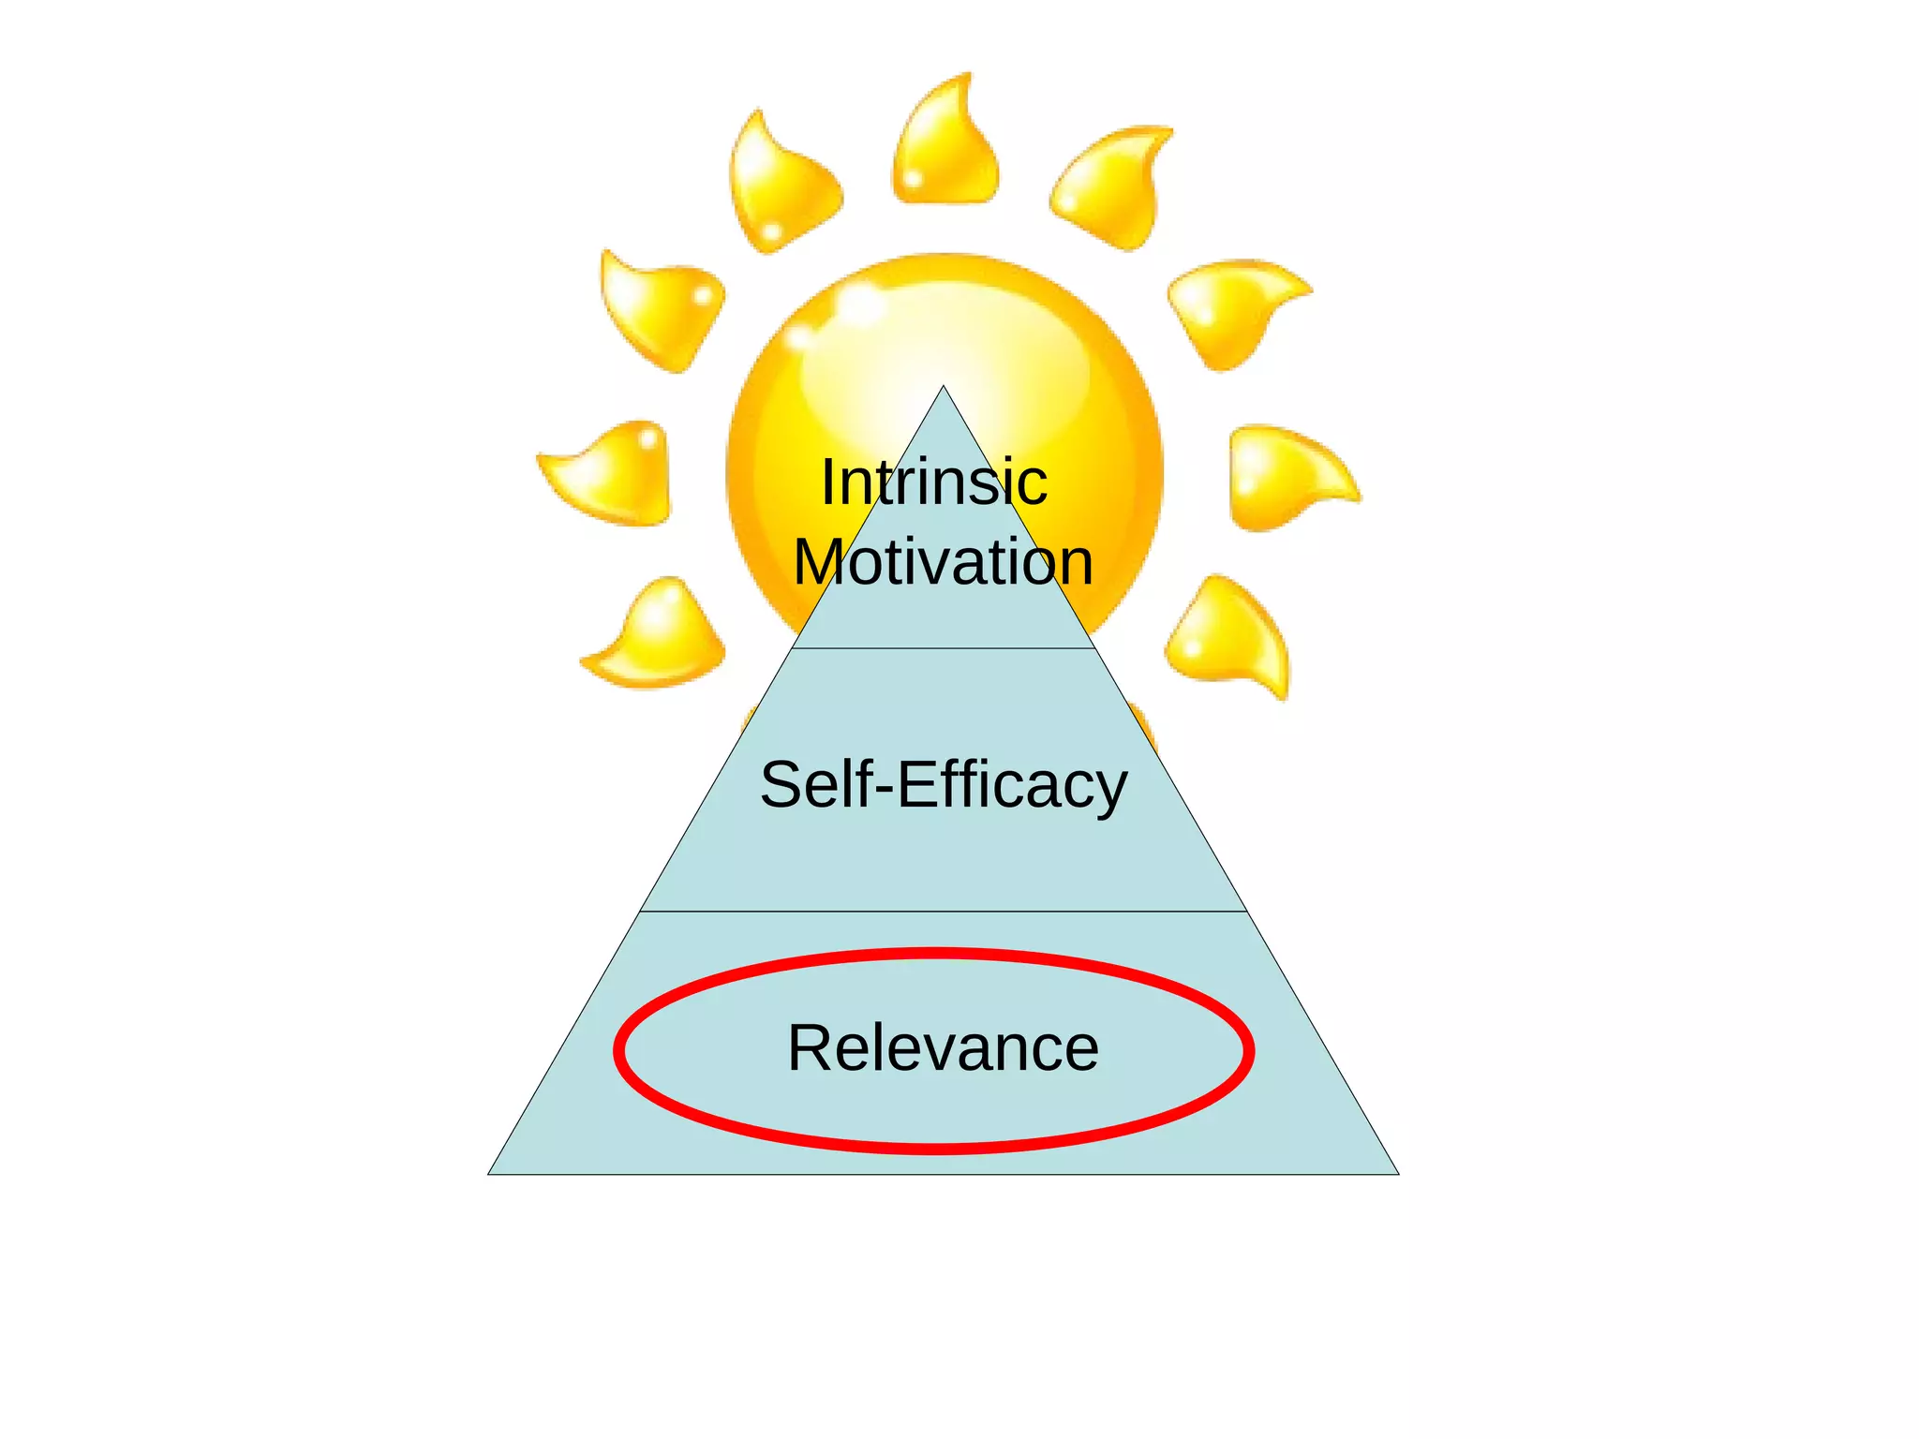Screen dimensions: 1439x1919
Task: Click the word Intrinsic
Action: tap(934, 482)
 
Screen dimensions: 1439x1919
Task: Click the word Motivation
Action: tap(943, 562)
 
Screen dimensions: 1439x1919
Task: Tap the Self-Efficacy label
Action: tap(943, 785)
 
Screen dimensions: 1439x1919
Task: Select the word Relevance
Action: tap(943, 1048)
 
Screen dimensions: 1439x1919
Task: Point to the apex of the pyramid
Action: tap(944, 387)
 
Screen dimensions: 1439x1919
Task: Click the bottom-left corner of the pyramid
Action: tap(490, 1173)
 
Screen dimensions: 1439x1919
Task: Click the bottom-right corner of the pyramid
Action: tap(1397, 1173)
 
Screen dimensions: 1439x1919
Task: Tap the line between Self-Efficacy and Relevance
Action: tap(943, 911)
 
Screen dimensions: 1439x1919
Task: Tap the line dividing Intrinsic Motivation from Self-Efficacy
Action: tap(943, 647)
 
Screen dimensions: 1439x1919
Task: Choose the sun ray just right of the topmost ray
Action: tap(1113, 185)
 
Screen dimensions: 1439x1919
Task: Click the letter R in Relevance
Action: tap(810, 1048)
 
